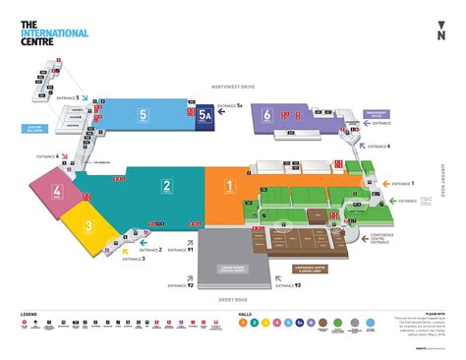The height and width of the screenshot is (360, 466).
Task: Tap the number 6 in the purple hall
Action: pos(267,116)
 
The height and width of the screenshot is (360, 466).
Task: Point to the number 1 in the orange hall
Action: pos(229,185)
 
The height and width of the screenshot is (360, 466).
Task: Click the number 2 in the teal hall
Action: pos(167,185)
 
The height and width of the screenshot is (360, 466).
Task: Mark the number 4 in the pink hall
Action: pos(58,191)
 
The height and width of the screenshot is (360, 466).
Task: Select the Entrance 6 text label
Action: pos(378,146)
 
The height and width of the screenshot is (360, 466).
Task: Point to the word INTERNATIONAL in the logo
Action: pos(54,32)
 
